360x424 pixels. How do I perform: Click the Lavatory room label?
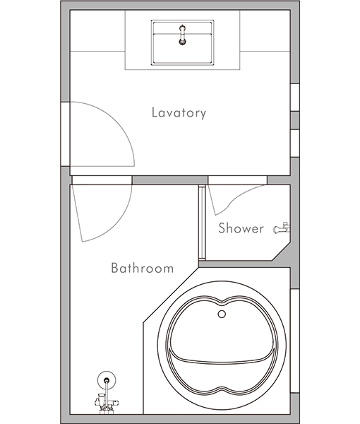(x=179, y=113)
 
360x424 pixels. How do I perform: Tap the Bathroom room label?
(x=143, y=268)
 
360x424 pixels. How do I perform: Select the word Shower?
(x=241, y=228)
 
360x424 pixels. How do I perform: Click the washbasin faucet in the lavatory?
(x=183, y=35)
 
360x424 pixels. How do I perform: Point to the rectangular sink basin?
(x=183, y=42)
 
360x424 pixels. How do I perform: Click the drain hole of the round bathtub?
(x=222, y=314)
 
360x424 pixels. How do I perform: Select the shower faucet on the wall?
(x=282, y=228)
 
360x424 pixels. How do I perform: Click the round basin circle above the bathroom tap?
(x=107, y=380)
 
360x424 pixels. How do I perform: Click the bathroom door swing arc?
(x=117, y=223)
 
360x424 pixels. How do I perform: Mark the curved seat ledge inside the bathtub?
(x=222, y=362)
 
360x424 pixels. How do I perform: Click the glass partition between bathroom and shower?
(x=202, y=223)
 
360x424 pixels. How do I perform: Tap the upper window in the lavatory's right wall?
(x=294, y=97)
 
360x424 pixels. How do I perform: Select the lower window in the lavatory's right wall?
(x=294, y=143)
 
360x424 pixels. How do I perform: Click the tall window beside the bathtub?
(x=294, y=341)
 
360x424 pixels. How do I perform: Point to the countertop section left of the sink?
(x=97, y=30)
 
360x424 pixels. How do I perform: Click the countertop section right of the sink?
(x=265, y=30)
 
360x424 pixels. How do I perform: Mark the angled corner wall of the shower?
(x=281, y=252)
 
